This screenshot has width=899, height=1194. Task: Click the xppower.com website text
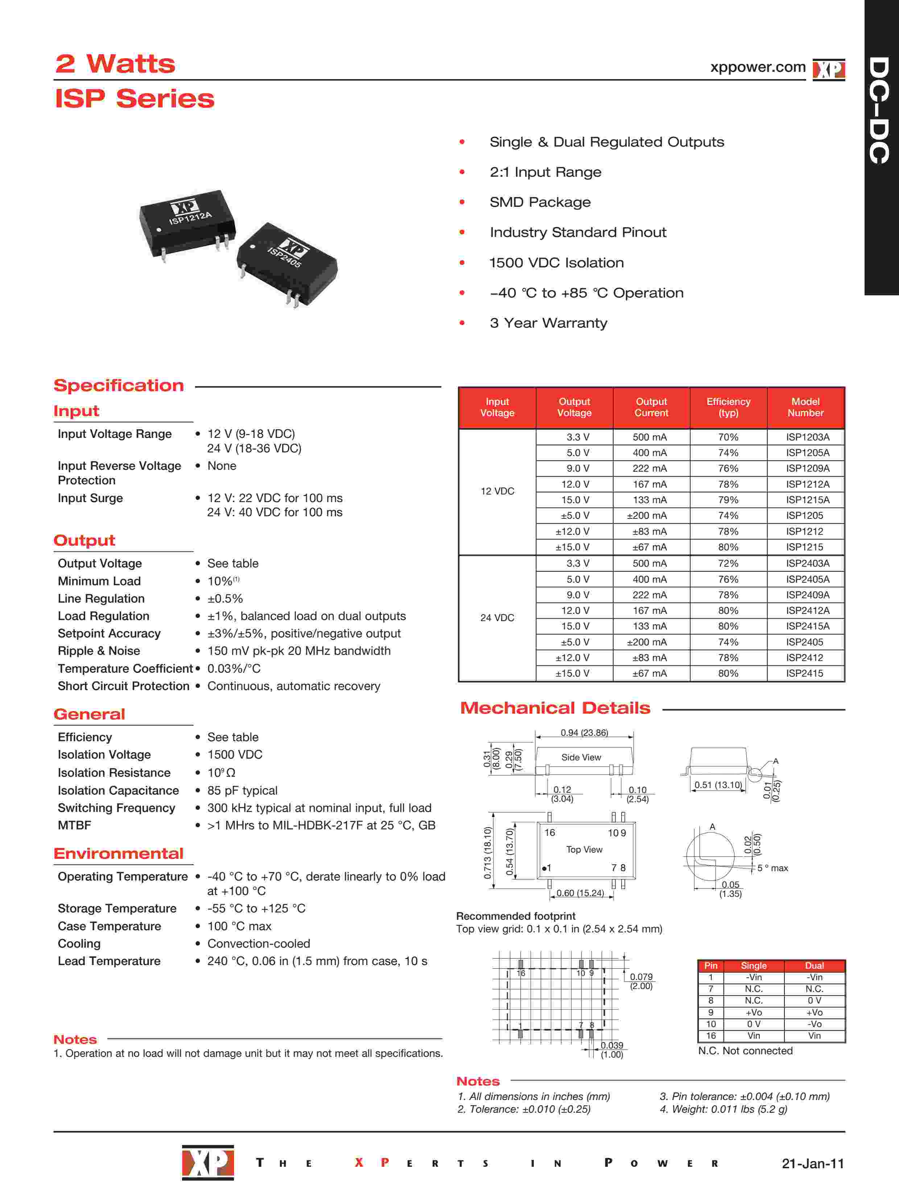pos(757,67)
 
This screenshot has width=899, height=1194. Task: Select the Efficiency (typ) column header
pos(728,407)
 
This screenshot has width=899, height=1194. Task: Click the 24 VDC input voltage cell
pos(497,617)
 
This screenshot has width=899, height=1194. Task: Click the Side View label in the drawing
pos(581,757)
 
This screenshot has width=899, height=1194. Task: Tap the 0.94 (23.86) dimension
pos(584,733)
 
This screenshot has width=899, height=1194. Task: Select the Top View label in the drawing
pos(584,850)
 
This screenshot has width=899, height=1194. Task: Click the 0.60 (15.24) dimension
pos(580,893)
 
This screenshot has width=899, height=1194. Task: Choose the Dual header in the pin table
pos(814,966)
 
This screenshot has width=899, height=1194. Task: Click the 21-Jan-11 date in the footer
pos(812,1163)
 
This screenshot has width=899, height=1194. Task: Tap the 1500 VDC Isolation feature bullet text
pos(556,263)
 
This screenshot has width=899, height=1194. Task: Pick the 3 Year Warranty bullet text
pos(548,323)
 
